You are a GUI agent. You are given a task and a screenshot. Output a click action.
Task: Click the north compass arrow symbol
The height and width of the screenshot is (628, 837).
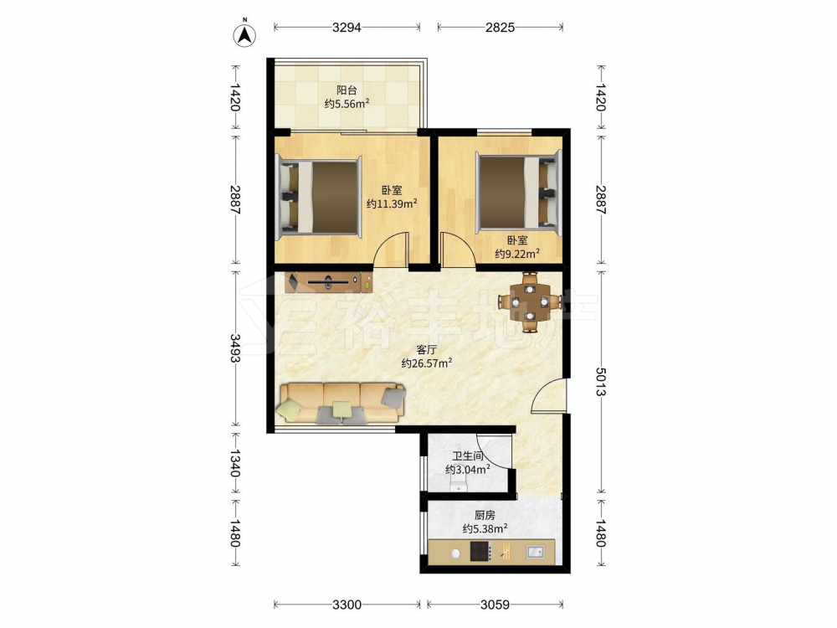tap(245, 36)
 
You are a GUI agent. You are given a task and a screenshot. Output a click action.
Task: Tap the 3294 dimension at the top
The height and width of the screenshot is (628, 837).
tap(347, 28)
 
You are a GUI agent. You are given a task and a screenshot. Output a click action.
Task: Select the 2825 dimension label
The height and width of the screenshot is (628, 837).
tap(501, 28)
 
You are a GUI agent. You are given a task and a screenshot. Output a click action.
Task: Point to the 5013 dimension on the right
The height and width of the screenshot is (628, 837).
tap(601, 382)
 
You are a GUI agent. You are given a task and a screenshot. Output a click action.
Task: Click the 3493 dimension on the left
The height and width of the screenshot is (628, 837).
tap(235, 347)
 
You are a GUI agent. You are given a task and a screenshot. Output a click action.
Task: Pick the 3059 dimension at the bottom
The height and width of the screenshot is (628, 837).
tap(495, 605)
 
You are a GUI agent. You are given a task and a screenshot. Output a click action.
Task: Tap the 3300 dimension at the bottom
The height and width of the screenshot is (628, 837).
tap(347, 605)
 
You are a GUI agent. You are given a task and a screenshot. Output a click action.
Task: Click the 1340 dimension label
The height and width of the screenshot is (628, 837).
tap(235, 463)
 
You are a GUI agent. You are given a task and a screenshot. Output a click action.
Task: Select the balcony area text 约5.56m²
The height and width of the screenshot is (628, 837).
tap(347, 104)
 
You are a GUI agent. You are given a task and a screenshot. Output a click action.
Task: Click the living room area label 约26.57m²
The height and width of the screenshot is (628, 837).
tap(427, 363)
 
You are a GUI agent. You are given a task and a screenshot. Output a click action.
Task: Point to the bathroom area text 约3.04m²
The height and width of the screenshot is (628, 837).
tap(468, 470)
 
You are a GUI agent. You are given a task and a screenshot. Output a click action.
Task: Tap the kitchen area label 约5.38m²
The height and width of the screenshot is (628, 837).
tap(485, 529)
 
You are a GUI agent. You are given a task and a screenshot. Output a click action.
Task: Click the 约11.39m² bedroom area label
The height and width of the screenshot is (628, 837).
tap(392, 204)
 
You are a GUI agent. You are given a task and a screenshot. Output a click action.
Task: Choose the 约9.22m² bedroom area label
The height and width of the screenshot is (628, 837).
tap(516, 255)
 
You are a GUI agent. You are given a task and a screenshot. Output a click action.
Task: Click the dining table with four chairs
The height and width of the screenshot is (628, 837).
tap(530, 302)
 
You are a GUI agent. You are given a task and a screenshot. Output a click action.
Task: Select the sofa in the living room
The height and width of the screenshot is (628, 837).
tap(341, 404)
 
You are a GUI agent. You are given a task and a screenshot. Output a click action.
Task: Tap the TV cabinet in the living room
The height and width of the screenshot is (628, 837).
tap(329, 282)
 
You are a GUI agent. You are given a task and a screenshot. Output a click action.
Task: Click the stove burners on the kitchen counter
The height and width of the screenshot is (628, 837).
tap(479, 551)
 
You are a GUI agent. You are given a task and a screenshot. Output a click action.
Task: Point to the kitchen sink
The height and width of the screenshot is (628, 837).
tap(535, 551)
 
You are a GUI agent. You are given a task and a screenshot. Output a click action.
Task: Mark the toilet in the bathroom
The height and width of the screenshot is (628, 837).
tap(458, 483)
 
